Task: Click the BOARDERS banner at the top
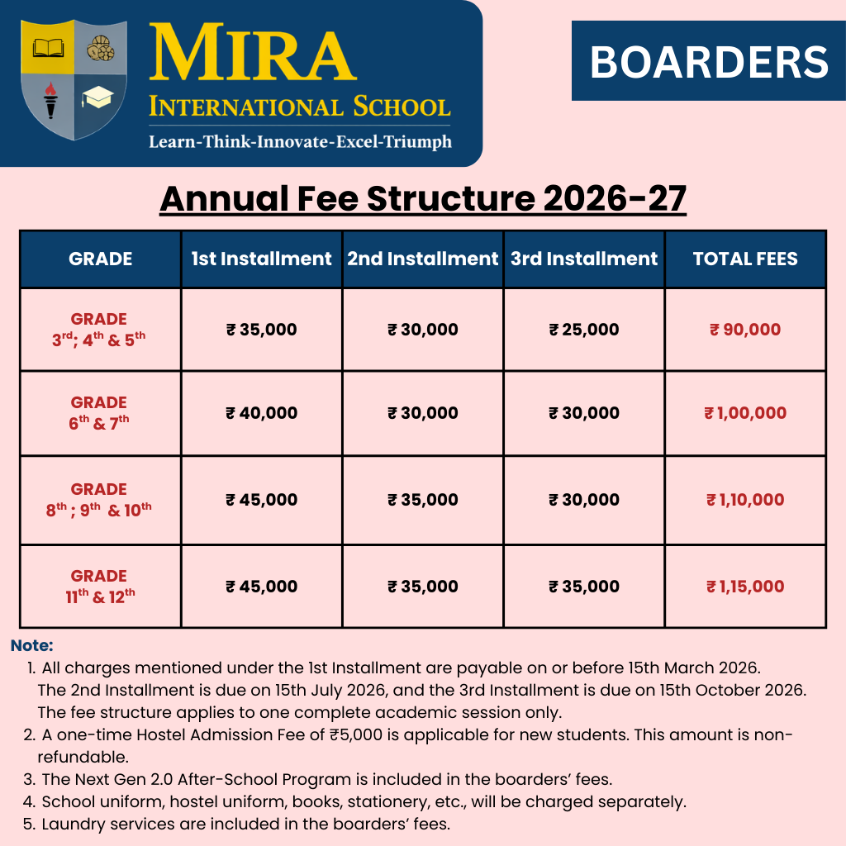coord(709,62)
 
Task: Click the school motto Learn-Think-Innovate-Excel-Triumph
coord(300,141)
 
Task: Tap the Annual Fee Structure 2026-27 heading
coord(423,199)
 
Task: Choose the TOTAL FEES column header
coord(745,259)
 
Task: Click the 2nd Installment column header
coord(423,259)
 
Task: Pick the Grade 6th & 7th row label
coord(99,413)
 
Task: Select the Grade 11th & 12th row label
coord(99,586)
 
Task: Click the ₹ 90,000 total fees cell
coord(745,330)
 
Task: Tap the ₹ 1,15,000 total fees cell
coord(745,587)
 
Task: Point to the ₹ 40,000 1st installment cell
coord(262,413)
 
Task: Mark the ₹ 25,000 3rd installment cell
coord(584,330)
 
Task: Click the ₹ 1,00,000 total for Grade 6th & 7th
coord(745,413)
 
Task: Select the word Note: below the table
coord(32,645)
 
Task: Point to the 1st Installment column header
coord(262,259)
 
